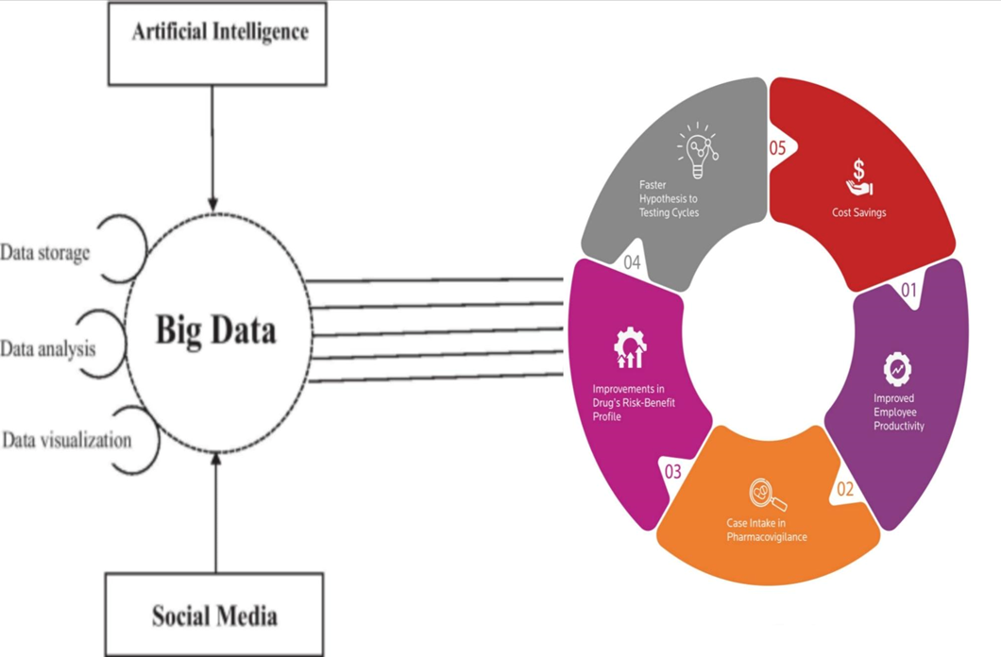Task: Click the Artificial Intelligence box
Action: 220,43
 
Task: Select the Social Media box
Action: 214,615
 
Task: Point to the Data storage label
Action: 45,253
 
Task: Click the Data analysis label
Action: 48,349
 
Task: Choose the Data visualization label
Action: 66,441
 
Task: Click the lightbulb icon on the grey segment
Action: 697,151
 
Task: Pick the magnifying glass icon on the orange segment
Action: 766,496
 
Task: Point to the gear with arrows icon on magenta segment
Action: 629,349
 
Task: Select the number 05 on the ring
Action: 776,149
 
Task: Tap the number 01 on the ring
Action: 908,290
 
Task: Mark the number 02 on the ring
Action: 844,489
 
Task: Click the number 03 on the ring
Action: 672,470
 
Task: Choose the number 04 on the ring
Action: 632,262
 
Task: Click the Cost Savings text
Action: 858,212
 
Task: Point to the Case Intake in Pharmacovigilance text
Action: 766,530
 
